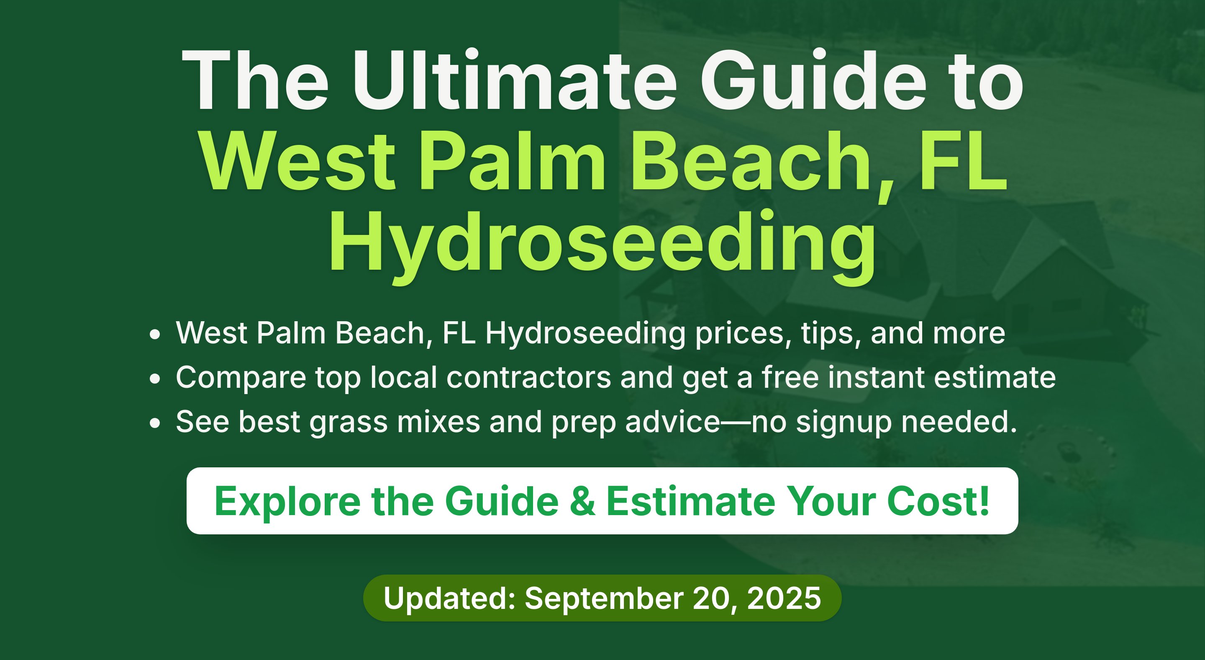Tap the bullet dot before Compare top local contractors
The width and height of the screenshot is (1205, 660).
[155, 379]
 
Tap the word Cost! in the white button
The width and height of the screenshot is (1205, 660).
[938, 501]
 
